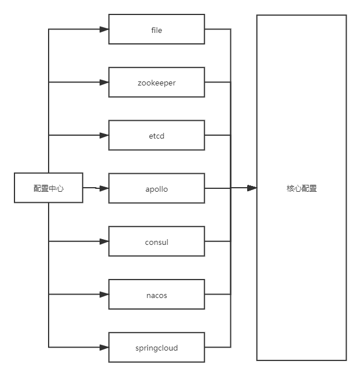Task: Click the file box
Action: tap(157, 29)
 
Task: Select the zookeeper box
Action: tap(157, 83)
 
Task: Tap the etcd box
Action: tap(157, 136)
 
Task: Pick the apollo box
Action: tap(157, 189)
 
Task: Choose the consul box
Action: tap(157, 242)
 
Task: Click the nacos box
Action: tap(157, 295)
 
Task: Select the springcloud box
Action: tap(157, 348)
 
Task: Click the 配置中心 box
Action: tap(49, 188)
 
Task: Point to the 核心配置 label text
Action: tap(302, 188)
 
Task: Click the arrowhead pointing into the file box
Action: tap(104, 29)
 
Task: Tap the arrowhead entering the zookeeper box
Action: tap(104, 83)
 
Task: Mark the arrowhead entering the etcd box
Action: tap(104, 136)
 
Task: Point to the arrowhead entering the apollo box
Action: tap(104, 189)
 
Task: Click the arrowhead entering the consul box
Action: tap(104, 241)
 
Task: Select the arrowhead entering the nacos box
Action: tap(104, 295)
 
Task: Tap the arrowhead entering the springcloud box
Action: tap(104, 348)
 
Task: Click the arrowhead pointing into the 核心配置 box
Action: tap(252, 188)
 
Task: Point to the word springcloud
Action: tap(157, 348)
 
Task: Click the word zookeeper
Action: tap(157, 83)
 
